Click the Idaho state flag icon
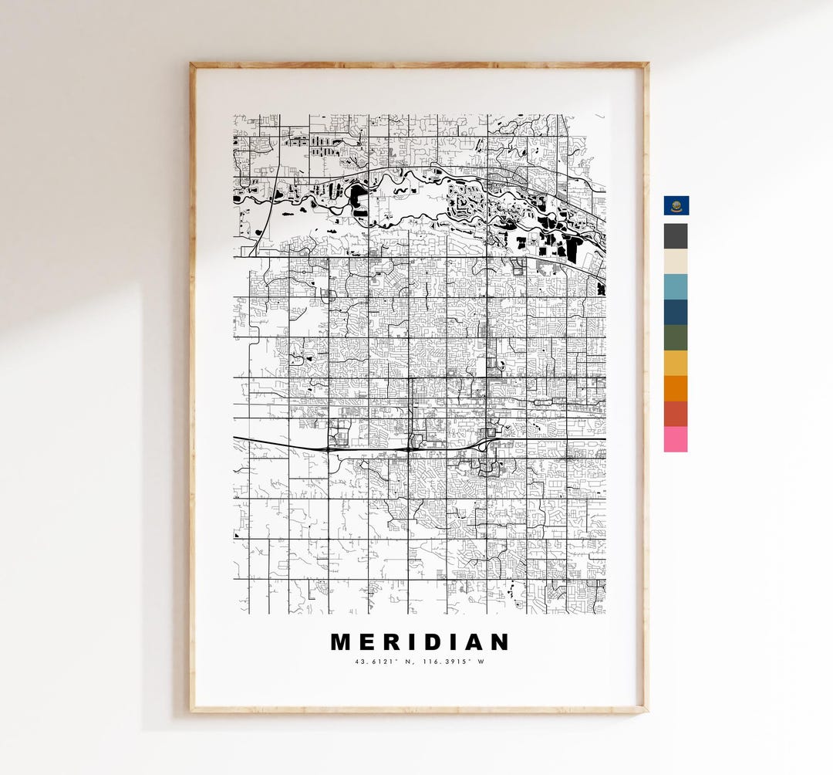676,205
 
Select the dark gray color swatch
676,236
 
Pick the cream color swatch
676,262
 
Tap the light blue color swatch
676,286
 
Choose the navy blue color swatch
676,312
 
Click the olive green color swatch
676,337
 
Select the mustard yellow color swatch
676,363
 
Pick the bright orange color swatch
676,388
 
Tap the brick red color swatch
676,414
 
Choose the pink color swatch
676,439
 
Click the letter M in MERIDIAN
341,642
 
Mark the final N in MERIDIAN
500,642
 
